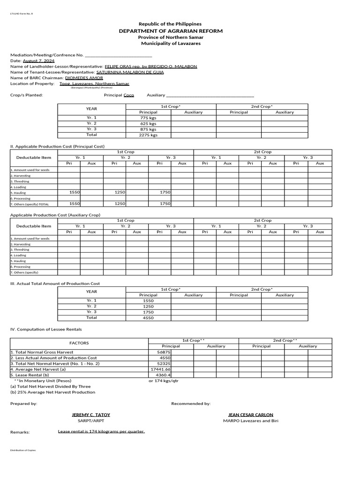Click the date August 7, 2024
tap(38, 61)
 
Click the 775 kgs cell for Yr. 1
tap(148, 118)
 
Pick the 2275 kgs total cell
tap(148, 135)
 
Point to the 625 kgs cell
tap(148, 124)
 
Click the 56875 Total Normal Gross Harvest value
tap(164, 352)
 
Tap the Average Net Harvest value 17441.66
tap(160, 369)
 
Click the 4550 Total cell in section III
tap(148, 318)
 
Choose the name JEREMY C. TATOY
tap(91, 415)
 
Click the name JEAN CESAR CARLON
tap(250, 415)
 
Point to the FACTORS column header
tap(79, 343)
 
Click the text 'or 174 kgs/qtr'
tap(163, 381)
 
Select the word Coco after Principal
tap(128, 95)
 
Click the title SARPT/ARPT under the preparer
tap(91, 420)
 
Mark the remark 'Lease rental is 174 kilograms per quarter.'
tap(101, 431)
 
